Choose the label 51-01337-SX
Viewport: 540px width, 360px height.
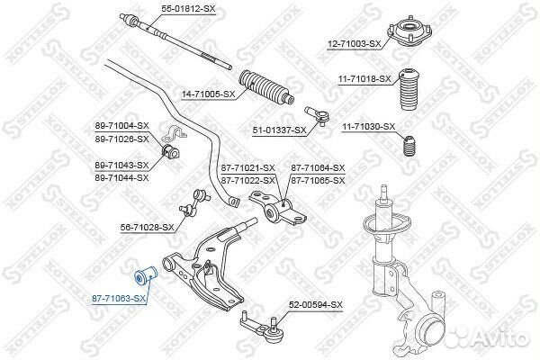pos(279,130)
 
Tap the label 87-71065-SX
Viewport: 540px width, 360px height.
pos(318,180)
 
